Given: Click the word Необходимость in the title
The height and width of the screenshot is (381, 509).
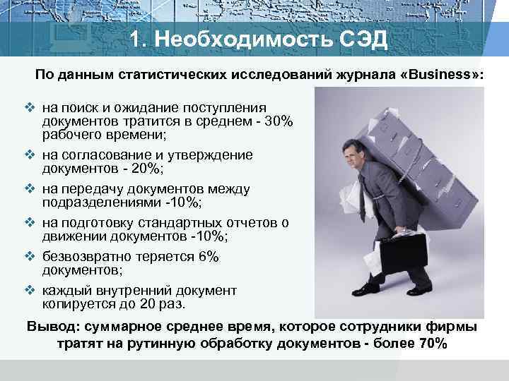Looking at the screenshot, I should [x=238, y=38].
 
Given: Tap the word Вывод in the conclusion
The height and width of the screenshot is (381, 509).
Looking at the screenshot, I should [x=52, y=327].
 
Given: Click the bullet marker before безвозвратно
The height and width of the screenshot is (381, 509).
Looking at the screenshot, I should [x=30, y=258].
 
